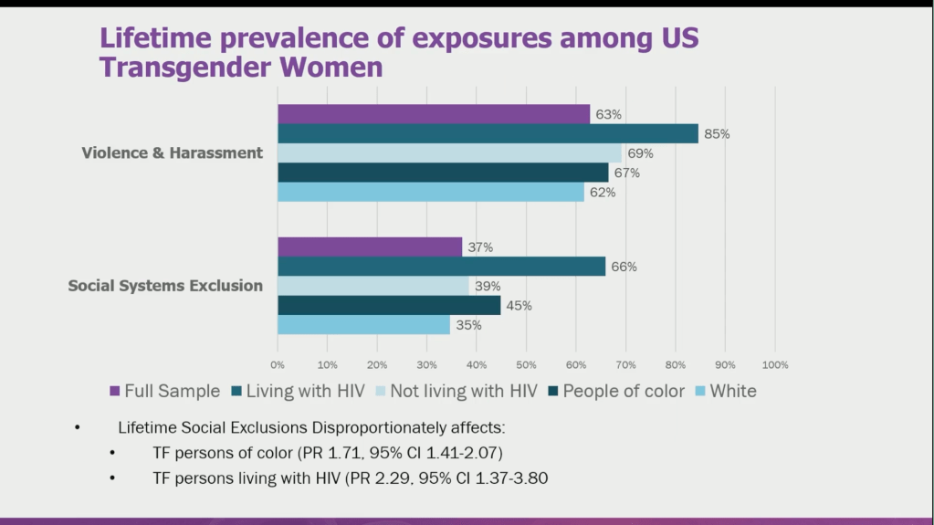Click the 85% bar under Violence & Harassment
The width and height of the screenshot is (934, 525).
pos(488,133)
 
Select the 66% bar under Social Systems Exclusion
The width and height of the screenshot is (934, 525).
pos(441,267)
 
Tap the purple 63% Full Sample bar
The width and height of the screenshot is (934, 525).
pos(434,114)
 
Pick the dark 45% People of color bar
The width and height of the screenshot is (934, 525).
pos(389,306)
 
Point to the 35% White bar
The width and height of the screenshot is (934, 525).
pos(363,325)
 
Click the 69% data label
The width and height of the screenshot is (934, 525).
pos(639,153)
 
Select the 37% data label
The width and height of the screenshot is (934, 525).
pos(480,247)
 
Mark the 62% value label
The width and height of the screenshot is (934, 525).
pos(603,193)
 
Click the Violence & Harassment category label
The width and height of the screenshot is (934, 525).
pos(172,152)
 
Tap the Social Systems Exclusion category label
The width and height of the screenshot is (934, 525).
pos(165,286)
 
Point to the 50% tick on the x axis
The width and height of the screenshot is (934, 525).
pos(526,365)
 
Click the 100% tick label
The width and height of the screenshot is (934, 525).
pos(774,365)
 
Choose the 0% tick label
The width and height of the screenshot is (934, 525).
pos(278,365)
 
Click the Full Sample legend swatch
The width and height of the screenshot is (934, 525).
pos(114,392)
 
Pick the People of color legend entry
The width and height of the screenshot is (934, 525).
pos(623,392)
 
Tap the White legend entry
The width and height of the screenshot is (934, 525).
pos(732,392)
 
